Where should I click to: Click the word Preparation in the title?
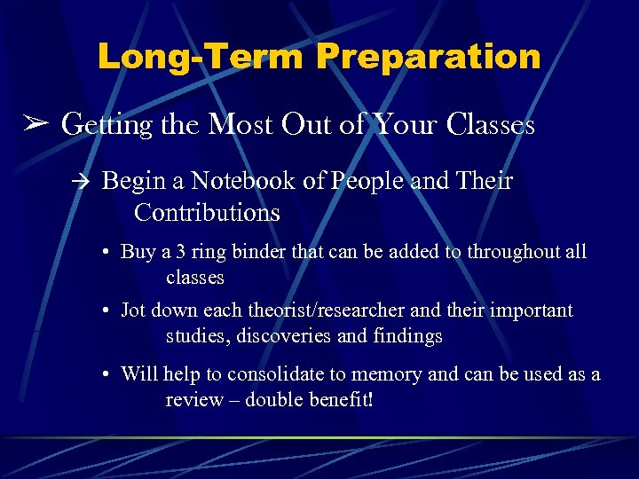click(x=429, y=57)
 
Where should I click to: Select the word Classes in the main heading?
click(x=491, y=124)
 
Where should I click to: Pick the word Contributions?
click(x=207, y=213)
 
